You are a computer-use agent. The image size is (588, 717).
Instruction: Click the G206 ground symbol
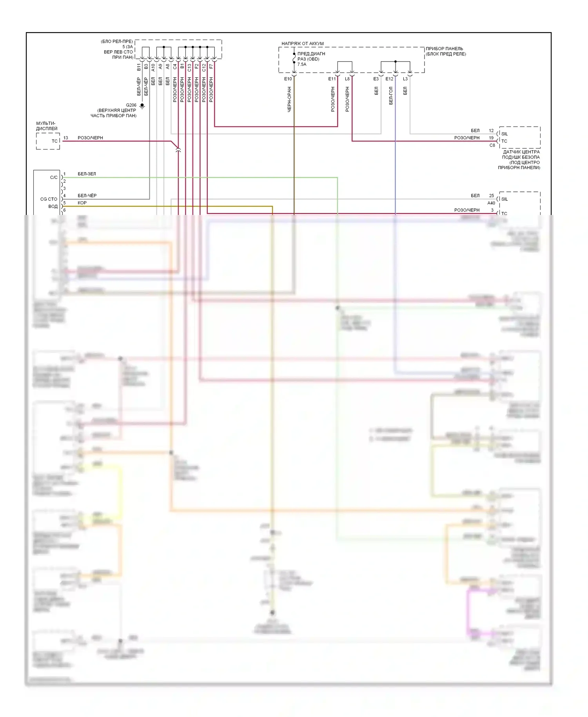pos(142,106)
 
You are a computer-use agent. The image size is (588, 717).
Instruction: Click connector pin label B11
pos(139,67)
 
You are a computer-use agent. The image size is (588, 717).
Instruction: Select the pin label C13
pos(189,67)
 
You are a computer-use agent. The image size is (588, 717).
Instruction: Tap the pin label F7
pos(211,67)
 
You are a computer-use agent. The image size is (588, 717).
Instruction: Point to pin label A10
pos(153,67)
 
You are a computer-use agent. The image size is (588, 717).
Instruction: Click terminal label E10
pos(288,79)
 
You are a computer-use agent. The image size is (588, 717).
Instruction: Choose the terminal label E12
pos(389,79)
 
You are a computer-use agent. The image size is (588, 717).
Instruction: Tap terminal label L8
pos(347,79)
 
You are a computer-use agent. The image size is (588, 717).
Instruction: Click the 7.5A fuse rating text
pos(302,64)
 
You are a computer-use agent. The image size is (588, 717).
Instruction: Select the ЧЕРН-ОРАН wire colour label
pos(289,99)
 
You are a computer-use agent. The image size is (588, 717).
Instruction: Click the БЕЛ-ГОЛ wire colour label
pos(391,96)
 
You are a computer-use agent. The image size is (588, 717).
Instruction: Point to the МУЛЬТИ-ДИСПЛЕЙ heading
pos(47,126)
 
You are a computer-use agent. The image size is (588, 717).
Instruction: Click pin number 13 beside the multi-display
pos(66,138)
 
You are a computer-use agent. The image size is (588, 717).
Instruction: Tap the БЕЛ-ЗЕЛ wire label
pos(87,174)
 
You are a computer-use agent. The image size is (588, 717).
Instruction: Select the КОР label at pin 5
pos(82,203)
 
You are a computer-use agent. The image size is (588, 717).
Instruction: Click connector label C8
pos(492,145)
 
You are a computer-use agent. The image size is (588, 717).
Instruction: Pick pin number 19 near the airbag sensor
pos(491,138)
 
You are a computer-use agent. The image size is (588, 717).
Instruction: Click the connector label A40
pos(491,203)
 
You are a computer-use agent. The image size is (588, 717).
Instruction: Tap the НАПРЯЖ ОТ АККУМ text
pos(303,44)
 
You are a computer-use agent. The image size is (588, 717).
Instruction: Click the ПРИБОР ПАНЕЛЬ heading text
pos(445,49)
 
